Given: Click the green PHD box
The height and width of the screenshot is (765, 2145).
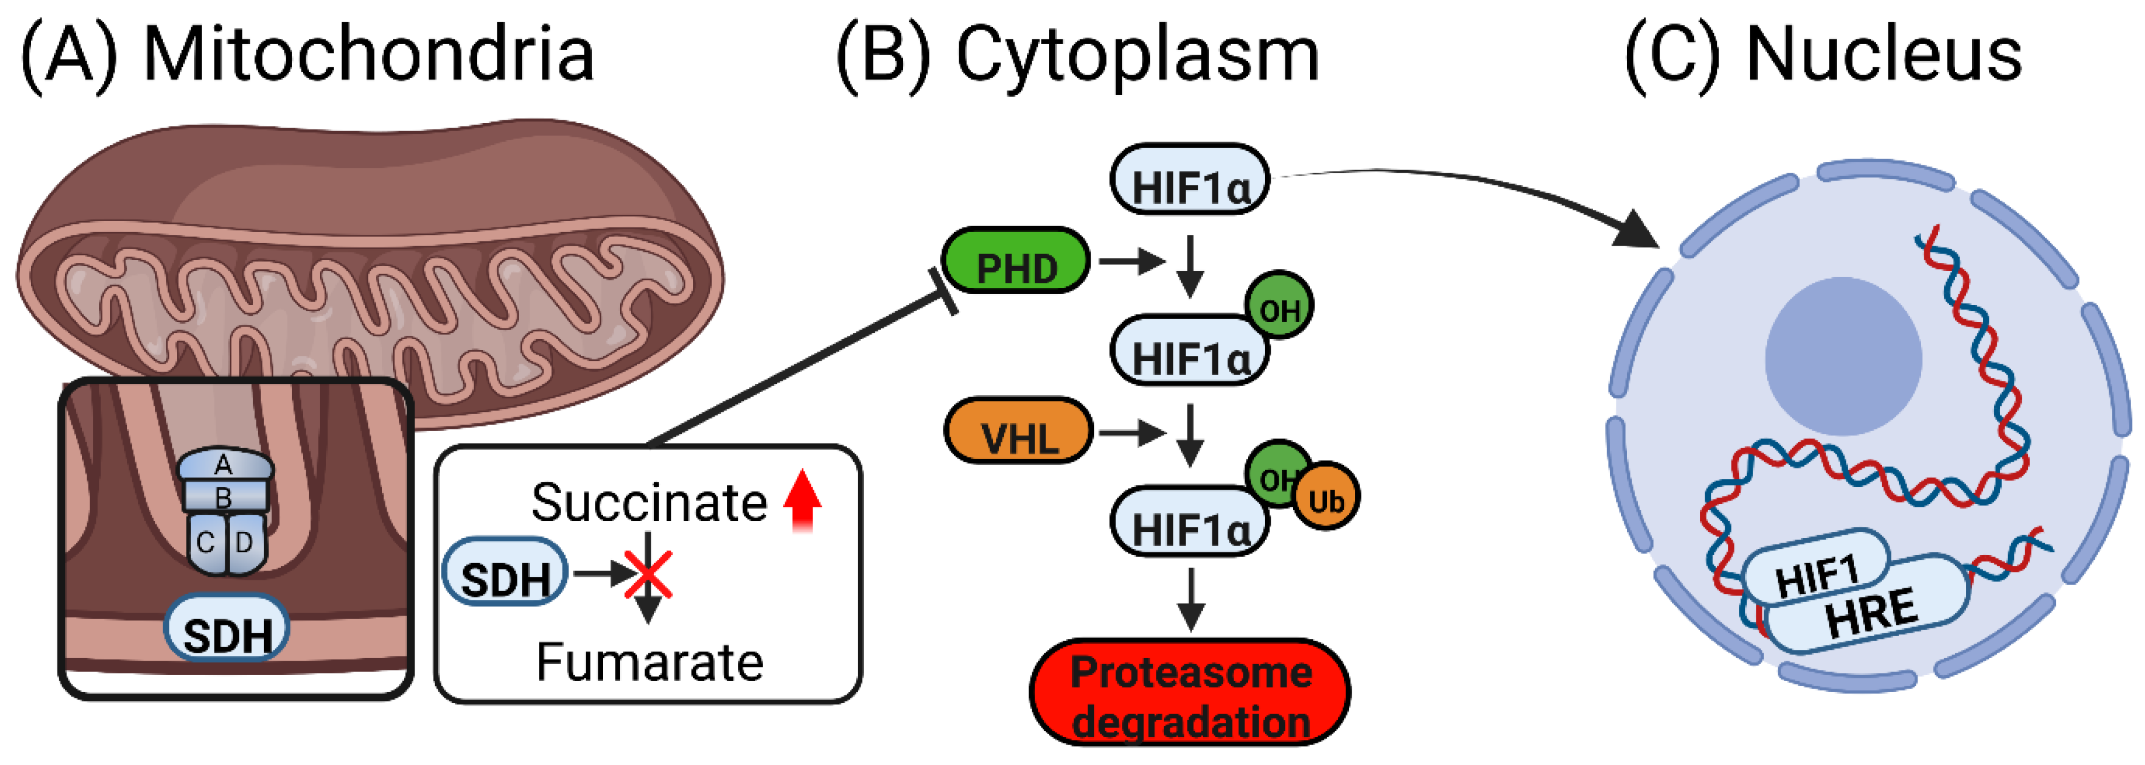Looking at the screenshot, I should pyautogui.click(x=1015, y=262).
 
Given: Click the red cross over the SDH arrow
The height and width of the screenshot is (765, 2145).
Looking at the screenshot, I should pyautogui.click(x=648, y=575).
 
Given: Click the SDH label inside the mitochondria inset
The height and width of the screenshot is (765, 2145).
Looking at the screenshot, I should pyautogui.click(x=226, y=630).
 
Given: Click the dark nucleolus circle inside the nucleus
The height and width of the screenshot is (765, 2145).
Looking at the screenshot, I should pyautogui.click(x=1843, y=356).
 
